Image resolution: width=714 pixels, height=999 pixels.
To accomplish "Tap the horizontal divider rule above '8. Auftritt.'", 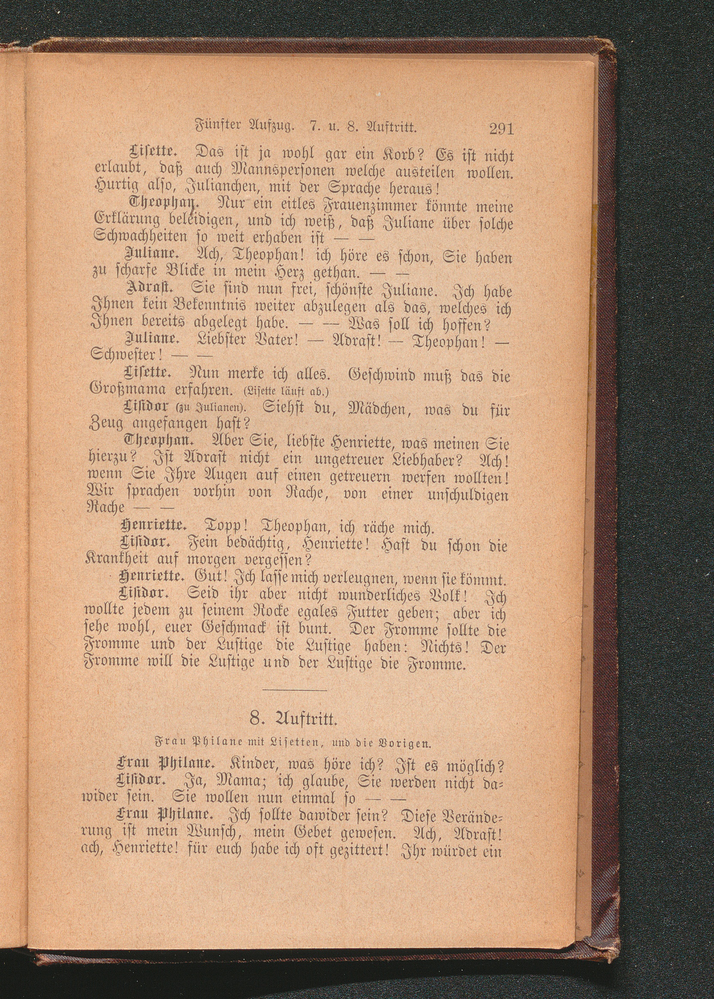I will [x=295, y=690].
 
